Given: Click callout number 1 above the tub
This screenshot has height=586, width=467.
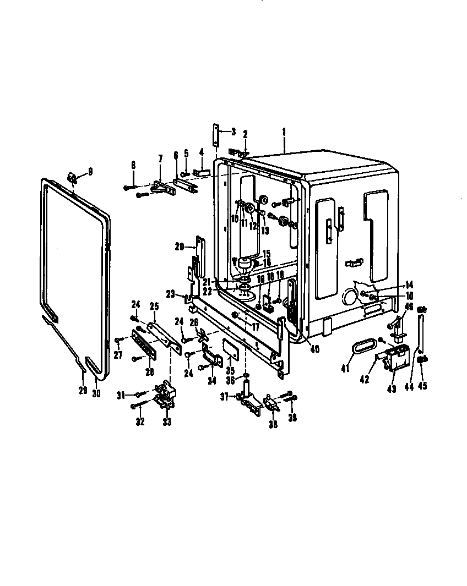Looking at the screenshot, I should pyautogui.click(x=284, y=132).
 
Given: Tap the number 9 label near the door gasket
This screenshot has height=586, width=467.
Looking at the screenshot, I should pyautogui.click(x=90, y=171).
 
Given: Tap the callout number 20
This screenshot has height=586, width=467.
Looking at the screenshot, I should pyautogui.click(x=178, y=247).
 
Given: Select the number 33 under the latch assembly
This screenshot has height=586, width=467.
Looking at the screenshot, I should pyautogui.click(x=166, y=422).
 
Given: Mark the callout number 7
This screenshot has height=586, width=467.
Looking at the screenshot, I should pyautogui.click(x=160, y=158).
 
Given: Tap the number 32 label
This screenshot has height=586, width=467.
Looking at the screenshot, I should pyautogui.click(x=140, y=422).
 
